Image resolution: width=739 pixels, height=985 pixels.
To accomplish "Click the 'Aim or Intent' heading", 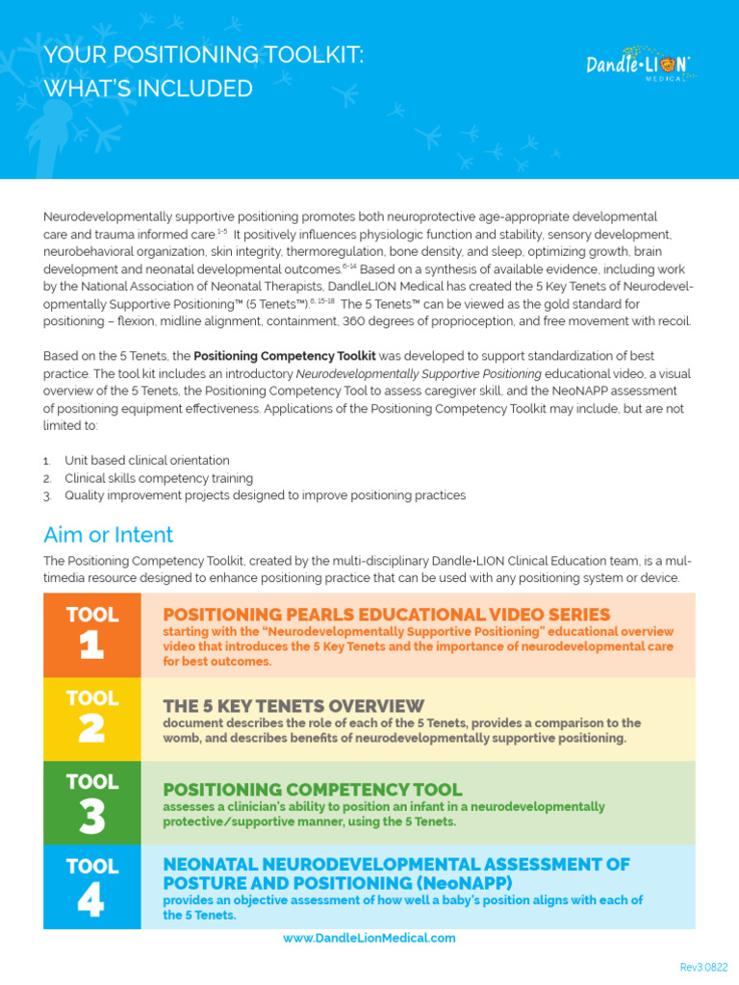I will [x=108, y=535].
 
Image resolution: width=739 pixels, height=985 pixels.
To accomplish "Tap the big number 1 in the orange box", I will [x=91, y=646].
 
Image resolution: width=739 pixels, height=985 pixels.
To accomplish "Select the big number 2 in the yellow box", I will [x=91, y=730].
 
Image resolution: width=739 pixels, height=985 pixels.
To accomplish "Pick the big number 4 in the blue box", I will [x=91, y=899].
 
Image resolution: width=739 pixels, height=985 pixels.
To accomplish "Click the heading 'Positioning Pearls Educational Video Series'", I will [x=387, y=614].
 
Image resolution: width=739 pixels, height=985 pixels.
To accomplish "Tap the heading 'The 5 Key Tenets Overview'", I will [x=293, y=706].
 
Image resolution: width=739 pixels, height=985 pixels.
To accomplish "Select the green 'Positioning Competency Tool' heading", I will [x=313, y=790].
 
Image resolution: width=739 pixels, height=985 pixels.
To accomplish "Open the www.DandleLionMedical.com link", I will [x=369, y=938].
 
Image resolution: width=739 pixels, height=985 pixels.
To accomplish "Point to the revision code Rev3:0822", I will [x=704, y=967].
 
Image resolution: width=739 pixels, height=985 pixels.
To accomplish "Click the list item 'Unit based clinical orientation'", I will [x=147, y=461].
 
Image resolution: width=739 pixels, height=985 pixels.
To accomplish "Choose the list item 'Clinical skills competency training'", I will [x=159, y=478].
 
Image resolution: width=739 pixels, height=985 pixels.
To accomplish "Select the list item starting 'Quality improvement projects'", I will [x=265, y=495].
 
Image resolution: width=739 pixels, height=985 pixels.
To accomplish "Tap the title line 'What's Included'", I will [x=148, y=88].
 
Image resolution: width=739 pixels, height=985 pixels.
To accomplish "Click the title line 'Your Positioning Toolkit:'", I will [x=204, y=56].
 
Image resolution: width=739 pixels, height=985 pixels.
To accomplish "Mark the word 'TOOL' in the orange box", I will [x=92, y=615].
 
